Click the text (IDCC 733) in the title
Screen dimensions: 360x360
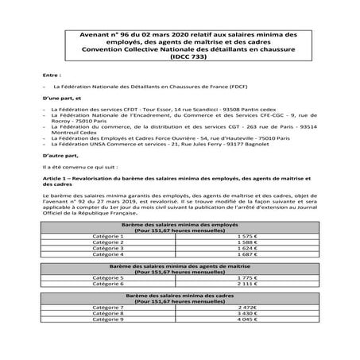(180, 56)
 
